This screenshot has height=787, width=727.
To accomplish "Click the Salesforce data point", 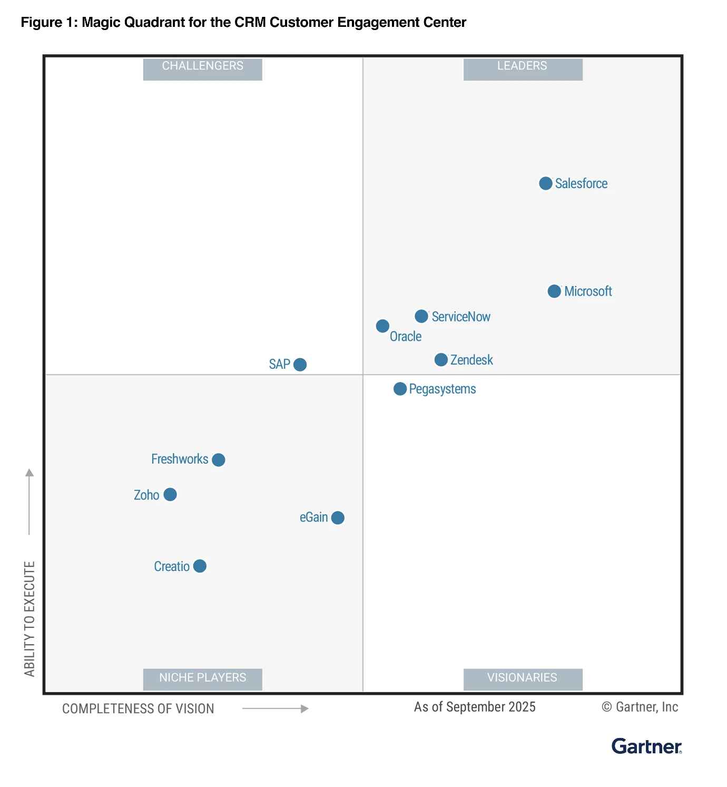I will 546,183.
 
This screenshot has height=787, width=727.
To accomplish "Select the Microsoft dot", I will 554,291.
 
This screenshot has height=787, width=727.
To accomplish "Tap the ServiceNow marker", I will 421,316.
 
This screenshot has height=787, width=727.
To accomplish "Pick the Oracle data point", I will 382,326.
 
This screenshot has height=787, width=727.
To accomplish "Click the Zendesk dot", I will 441,360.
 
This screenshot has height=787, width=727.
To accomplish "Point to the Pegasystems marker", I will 400,389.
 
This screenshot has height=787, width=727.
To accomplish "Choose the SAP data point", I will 300,365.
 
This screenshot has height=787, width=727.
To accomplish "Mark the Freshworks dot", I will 219,460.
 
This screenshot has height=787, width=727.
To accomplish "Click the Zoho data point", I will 170,495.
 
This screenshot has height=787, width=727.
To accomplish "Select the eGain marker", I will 338,518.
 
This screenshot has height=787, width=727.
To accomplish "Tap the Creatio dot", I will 200,566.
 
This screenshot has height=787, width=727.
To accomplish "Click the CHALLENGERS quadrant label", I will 203,66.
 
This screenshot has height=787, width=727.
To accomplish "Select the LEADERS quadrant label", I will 523,66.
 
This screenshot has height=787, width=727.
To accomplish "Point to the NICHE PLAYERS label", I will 203,678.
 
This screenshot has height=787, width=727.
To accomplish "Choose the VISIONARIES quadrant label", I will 523,678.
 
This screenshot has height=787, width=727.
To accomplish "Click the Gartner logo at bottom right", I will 646,746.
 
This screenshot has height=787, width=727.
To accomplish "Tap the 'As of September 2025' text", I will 475,707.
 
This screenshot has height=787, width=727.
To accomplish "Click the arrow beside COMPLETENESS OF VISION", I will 275,709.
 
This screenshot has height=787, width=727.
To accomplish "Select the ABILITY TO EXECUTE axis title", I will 30,619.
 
